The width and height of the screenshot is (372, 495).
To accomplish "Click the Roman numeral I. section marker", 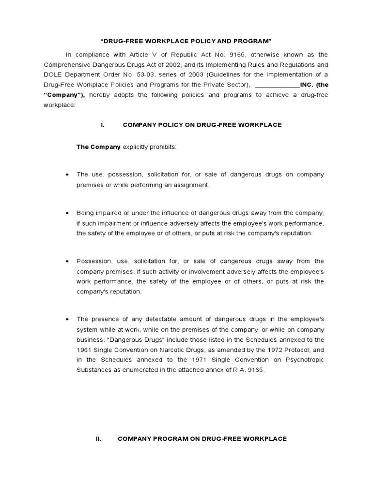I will tap(103, 125).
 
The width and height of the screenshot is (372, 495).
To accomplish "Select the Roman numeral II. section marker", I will tap(99, 439).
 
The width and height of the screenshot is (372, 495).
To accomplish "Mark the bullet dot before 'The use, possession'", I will tap(66, 175).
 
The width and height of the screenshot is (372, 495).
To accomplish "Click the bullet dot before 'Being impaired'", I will tap(66, 213).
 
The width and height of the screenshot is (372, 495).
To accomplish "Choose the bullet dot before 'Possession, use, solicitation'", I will tap(66, 261).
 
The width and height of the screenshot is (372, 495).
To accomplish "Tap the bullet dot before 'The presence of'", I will tap(66, 320).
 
